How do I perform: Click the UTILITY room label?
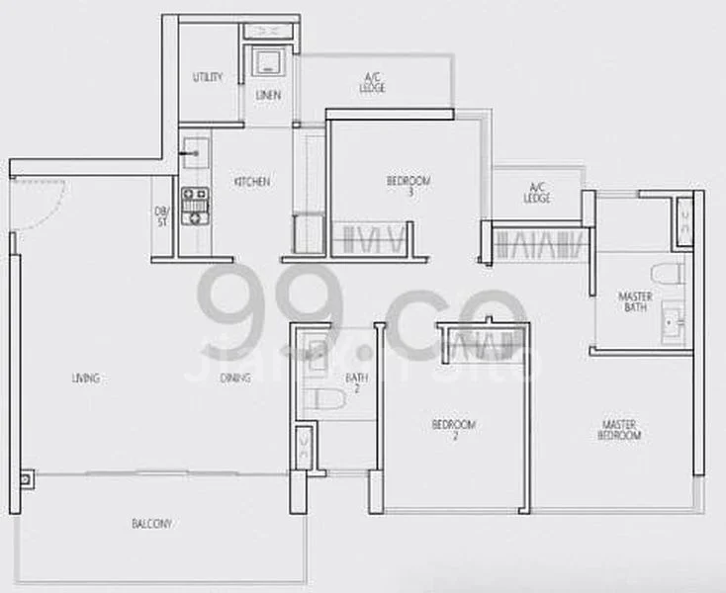pyautogui.click(x=208, y=77)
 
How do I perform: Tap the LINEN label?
pyautogui.click(x=268, y=96)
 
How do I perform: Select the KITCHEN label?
pyautogui.click(x=251, y=182)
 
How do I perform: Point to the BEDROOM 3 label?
pyautogui.click(x=408, y=185)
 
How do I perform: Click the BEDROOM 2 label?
pyautogui.click(x=453, y=429)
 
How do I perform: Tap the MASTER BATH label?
pyautogui.click(x=634, y=300)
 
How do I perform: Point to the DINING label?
pyautogui.click(x=235, y=378)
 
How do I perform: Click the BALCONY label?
pyautogui.click(x=151, y=524)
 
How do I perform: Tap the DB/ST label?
pyautogui.click(x=162, y=214)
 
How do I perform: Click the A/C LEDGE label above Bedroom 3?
pyautogui.click(x=373, y=83)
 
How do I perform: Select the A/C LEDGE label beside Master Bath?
pyautogui.click(x=538, y=192)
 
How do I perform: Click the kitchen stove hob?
pyautogui.click(x=194, y=205)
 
